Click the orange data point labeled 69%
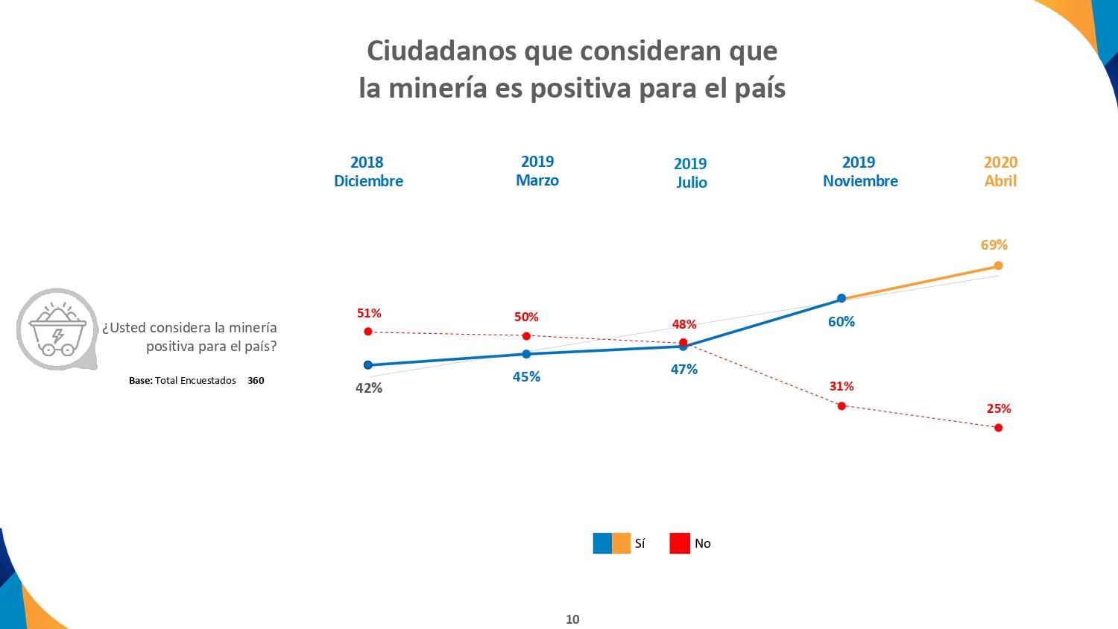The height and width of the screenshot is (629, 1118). pos(998,265)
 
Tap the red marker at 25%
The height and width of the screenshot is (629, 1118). pos(998,428)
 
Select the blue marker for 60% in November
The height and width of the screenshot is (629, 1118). pos(841,298)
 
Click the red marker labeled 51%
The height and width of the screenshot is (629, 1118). pos(367,332)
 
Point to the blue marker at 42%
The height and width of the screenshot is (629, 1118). pos(367,365)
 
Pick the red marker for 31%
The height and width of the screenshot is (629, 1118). pos(841,406)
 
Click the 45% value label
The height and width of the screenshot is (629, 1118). pos(526,377)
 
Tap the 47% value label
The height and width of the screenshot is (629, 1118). pos(683,370)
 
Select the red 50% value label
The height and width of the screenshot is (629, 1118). pos(526,317)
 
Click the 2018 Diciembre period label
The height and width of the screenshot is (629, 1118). pos(368,171)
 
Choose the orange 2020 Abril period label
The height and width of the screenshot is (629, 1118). pos(1000,171)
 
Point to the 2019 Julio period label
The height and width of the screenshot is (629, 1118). pos(691,173)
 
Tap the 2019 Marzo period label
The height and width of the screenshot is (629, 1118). pos(537,171)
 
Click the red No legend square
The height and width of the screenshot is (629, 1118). pos(680,543)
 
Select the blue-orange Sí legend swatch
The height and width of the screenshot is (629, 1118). pos(612,543)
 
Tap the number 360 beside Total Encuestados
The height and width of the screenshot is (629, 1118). pos(256,381)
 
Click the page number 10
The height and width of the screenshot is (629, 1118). pos(572,619)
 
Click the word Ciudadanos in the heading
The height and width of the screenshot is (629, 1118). pos(442,51)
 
